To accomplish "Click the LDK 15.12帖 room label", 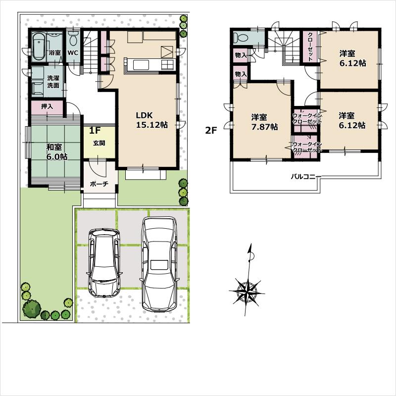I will click(152, 120).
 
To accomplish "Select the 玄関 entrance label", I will click(99, 143).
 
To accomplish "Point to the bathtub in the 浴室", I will click(39, 47).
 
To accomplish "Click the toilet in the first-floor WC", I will click(74, 39).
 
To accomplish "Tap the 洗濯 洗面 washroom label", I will click(53, 82).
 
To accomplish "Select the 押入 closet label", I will click(47, 106).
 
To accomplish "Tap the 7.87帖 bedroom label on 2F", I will click(263, 122).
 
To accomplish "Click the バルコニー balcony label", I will click(306, 176).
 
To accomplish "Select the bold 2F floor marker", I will click(212, 131).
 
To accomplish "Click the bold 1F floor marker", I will click(95, 132).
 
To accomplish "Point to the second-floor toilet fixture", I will click(243, 38).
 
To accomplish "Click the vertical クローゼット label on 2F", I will click(310, 47).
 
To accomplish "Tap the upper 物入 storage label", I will click(241, 55).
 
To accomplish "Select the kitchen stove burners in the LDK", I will click(167, 64).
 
